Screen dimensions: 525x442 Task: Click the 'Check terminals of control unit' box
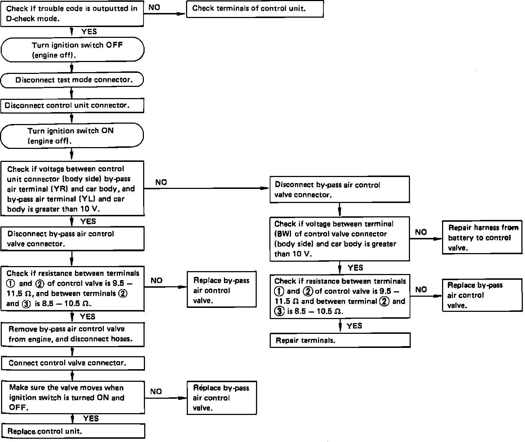[x=255, y=9]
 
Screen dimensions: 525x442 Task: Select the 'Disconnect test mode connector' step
[x=72, y=80]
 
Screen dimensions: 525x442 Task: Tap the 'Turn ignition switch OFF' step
[x=72, y=49]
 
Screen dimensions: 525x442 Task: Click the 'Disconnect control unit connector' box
[x=72, y=106]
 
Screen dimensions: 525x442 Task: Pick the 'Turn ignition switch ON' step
[x=72, y=136]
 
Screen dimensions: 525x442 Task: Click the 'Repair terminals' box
[x=340, y=340]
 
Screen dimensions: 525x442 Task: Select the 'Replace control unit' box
[x=73, y=431]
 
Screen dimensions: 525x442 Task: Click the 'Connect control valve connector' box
[x=73, y=363]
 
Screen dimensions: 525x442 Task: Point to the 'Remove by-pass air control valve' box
[x=73, y=335]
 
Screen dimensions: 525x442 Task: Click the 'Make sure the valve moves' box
[x=73, y=398]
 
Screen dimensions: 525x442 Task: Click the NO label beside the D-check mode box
[x=154, y=8]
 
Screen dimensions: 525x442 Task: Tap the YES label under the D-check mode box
[x=89, y=32]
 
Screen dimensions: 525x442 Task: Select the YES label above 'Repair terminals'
[x=354, y=326]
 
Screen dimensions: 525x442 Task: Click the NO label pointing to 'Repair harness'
[x=421, y=232]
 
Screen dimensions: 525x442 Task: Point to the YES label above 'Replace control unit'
[x=91, y=418]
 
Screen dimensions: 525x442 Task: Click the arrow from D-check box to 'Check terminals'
[x=165, y=14]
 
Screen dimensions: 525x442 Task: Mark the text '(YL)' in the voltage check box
[x=87, y=199]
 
